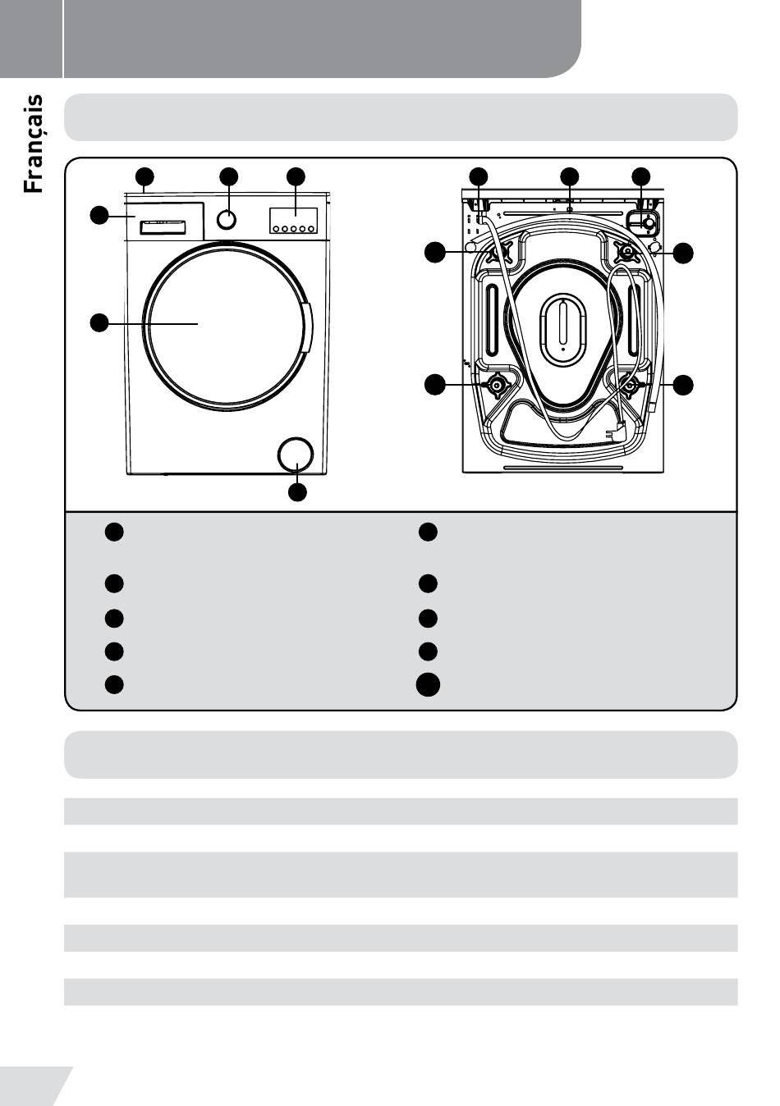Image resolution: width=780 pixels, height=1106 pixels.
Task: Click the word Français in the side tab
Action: click(x=33, y=144)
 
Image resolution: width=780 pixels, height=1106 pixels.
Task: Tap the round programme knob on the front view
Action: click(x=227, y=219)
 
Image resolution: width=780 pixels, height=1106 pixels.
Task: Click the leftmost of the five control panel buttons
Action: click(x=275, y=229)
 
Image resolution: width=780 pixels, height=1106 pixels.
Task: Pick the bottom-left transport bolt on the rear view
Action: click(x=498, y=385)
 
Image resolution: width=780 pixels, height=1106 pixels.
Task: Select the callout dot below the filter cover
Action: click(x=297, y=492)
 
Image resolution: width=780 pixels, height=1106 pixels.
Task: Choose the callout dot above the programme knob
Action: click(x=229, y=176)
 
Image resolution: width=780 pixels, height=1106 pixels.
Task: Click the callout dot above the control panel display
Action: click(x=296, y=176)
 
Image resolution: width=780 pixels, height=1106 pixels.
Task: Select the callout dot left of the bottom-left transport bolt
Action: click(x=436, y=384)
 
